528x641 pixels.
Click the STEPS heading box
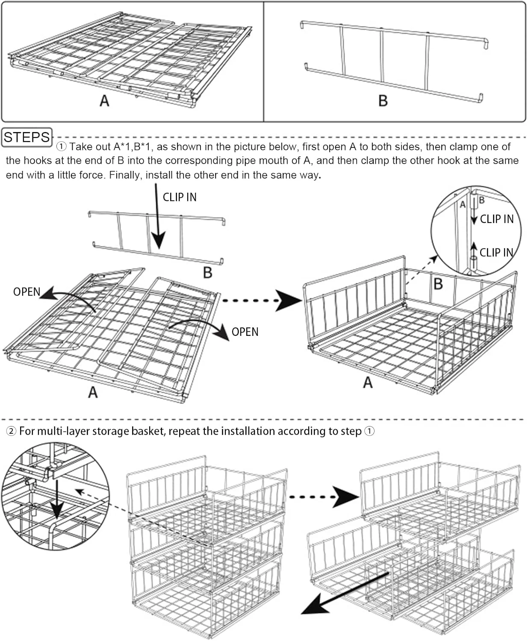tap(27, 137)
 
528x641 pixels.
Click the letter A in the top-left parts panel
tap(104, 101)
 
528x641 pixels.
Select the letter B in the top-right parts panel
tap(383, 101)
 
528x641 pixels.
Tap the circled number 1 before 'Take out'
tap(62, 147)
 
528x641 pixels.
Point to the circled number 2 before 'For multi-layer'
tap(11, 431)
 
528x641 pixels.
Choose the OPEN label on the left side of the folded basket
tap(27, 292)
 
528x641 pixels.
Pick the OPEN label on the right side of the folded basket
tap(245, 332)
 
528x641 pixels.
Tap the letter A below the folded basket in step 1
tap(93, 392)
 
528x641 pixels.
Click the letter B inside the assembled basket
tap(438, 284)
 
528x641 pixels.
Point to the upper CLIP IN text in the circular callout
tap(496, 219)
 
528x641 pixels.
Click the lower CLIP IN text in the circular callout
tap(496, 253)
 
